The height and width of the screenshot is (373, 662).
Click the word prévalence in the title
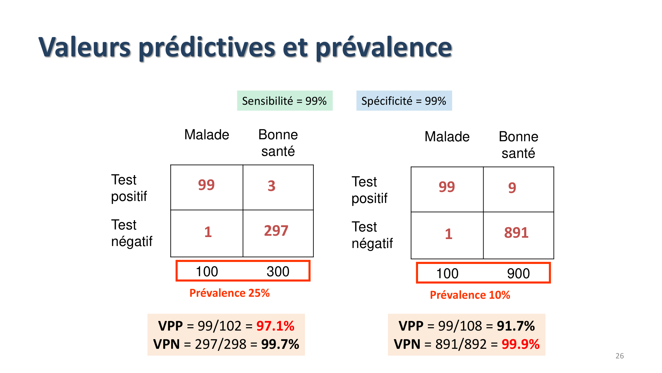point(384,47)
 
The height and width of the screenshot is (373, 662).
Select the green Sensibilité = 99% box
point(285,101)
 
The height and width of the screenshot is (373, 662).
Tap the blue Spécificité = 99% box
point(404,101)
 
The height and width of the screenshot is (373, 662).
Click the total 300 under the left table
point(278,272)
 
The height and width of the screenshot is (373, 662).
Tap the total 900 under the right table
point(518,274)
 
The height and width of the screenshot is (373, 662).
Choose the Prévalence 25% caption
point(229,293)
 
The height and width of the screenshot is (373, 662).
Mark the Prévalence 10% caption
point(470,295)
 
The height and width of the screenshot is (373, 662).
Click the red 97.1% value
point(275,326)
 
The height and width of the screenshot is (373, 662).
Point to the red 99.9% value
point(520,344)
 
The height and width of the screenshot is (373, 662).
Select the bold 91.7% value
point(516,326)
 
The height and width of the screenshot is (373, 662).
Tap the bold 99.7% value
point(280,344)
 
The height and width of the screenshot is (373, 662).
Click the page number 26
point(619,356)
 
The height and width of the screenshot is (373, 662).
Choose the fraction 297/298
point(221,344)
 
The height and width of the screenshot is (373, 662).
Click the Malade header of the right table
point(447,137)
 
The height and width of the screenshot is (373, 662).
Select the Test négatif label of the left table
point(132,233)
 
